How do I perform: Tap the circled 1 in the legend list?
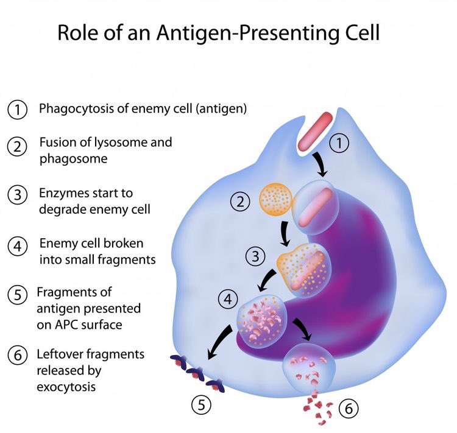click(18, 110)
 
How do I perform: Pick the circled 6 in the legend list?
click(18, 355)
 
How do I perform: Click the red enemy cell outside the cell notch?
click(316, 130)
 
